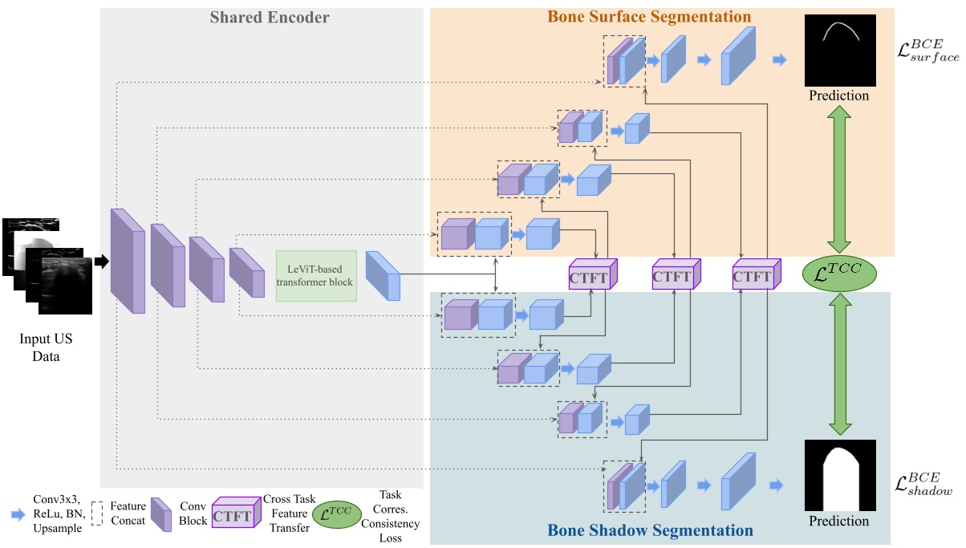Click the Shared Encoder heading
(x=270, y=17)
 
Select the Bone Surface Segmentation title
(x=649, y=17)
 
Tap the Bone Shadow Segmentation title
(x=650, y=530)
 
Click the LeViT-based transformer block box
(x=316, y=275)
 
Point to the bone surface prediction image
(x=838, y=51)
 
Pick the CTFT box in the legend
(x=233, y=516)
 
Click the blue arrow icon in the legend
(x=18, y=515)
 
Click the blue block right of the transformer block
(x=382, y=275)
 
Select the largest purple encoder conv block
(x=127, y=261)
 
